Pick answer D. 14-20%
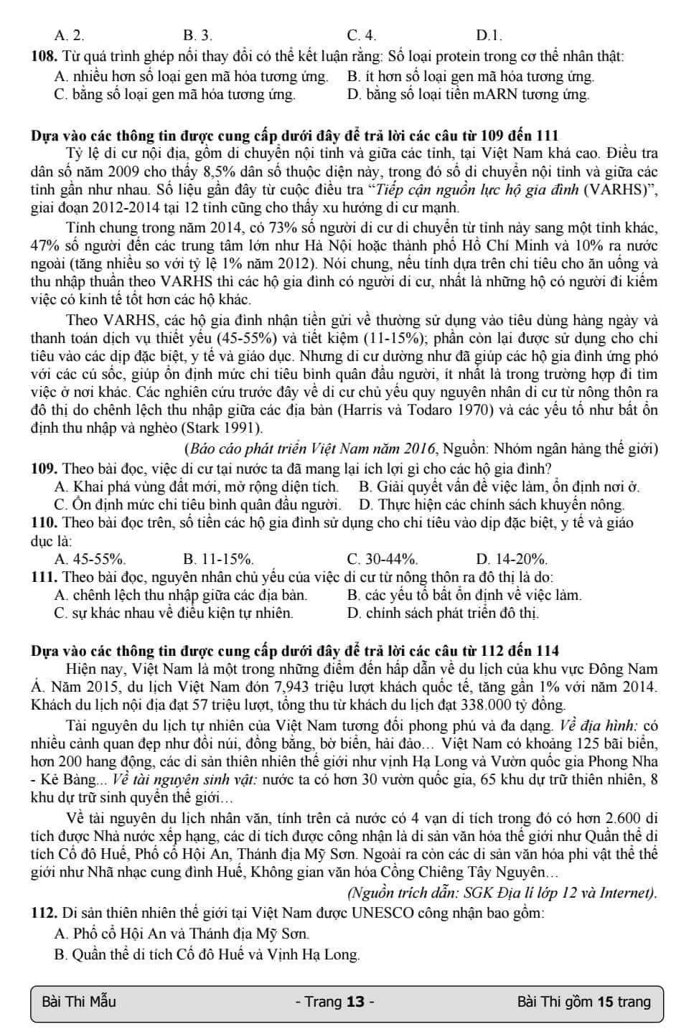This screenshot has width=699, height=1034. (511, 559)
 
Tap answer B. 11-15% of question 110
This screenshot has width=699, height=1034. (217, 559)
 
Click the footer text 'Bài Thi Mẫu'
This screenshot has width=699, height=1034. (79, 1002)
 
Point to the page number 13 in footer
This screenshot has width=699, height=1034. (355, 1002)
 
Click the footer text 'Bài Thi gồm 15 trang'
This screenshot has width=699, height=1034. (583, 1002)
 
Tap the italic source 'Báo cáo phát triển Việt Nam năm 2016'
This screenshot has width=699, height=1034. (310, 450)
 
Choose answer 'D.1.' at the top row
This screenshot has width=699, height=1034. (489, 35)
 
